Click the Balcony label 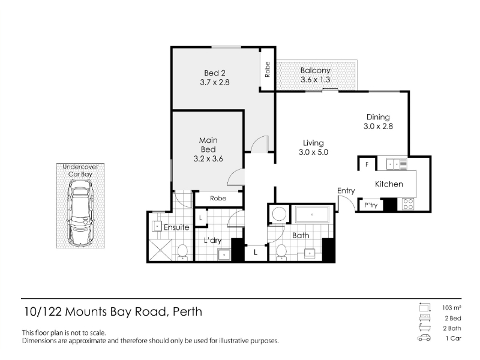315,70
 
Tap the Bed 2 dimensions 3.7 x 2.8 215,82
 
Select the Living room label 313,143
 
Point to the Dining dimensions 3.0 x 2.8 378,126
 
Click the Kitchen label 389,184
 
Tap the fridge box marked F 367,164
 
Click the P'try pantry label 370,205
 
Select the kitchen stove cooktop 408,204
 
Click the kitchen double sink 397,164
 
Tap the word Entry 346,191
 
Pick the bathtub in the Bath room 312,215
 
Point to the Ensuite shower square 160,250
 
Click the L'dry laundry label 212,241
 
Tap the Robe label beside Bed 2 268,70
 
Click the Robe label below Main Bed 218,199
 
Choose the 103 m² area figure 452,308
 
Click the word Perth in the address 187,311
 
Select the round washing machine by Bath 279,214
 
